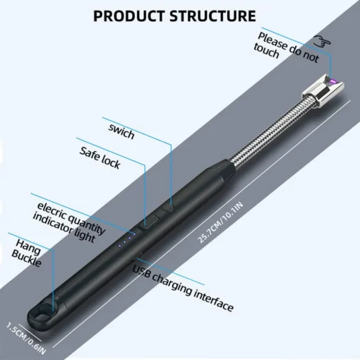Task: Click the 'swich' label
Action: (121, 131)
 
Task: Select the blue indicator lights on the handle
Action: (124, 241)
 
